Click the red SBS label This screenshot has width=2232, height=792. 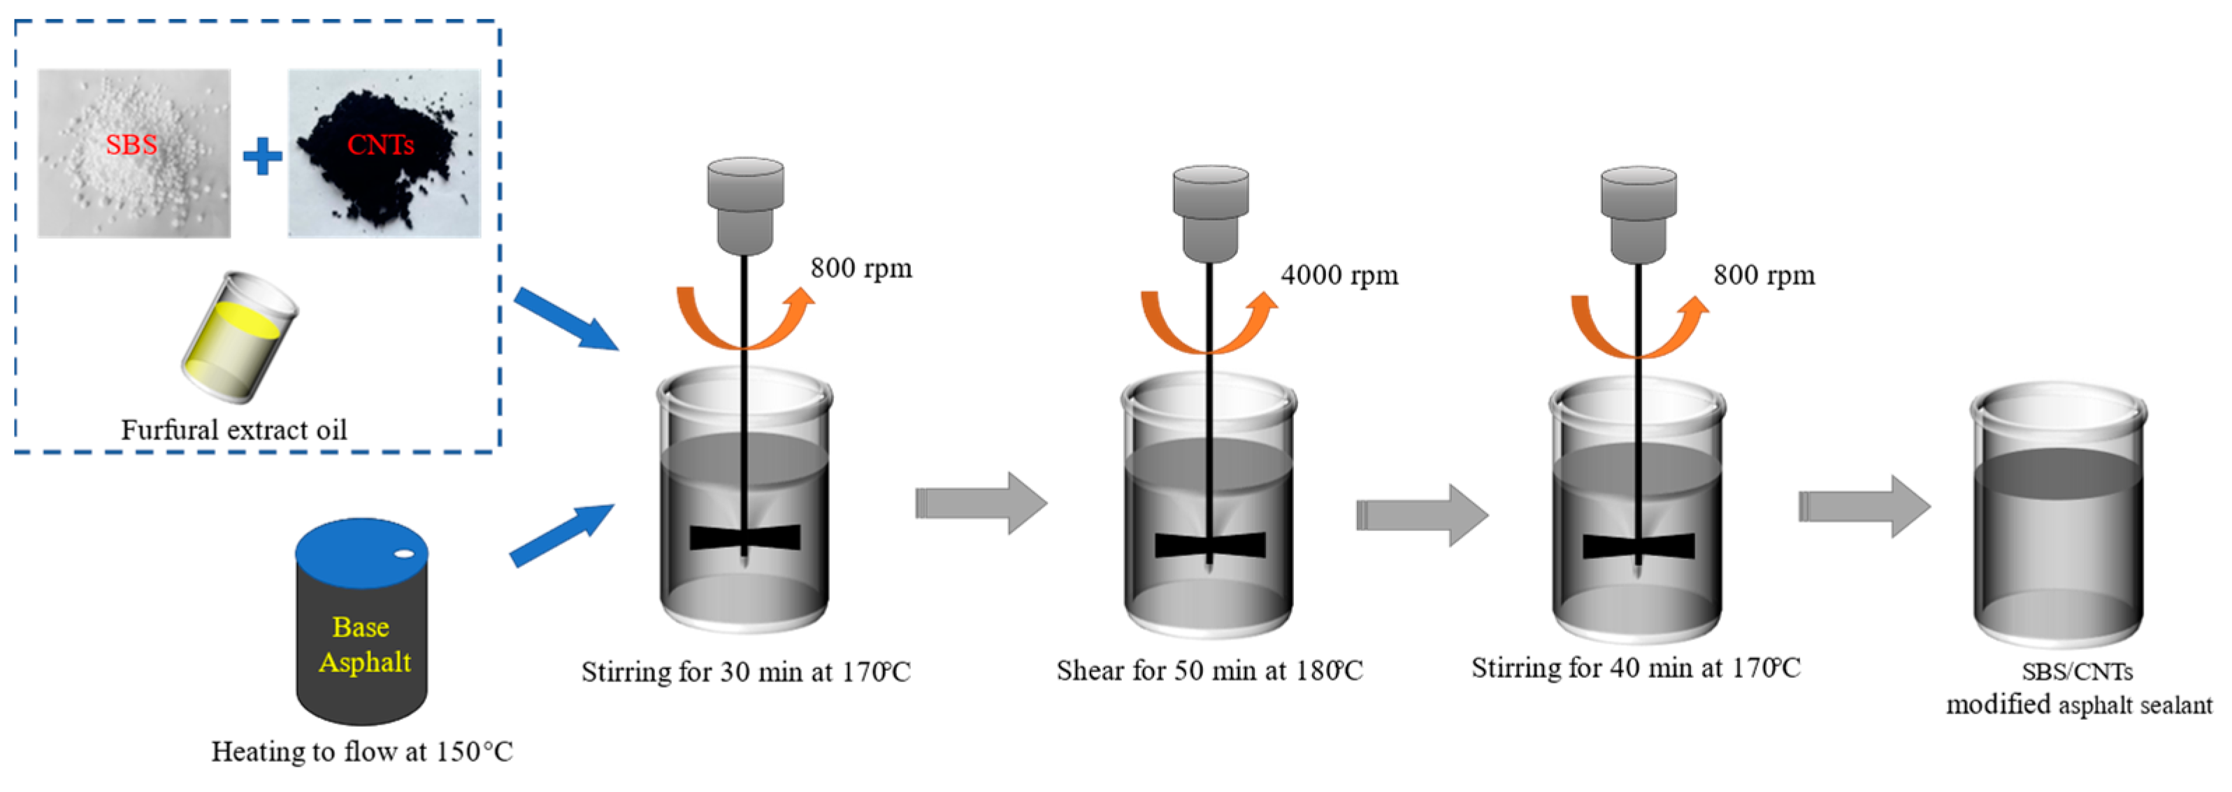[x=131, y=144]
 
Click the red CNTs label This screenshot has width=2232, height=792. [x=380, y=144]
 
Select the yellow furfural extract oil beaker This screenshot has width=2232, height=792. [x=238, y=338]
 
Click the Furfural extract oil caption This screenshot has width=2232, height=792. [x=234, y=430]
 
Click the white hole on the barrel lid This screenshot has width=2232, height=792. [x=404, y=554]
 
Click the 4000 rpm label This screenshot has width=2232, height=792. [x=1339, y=275]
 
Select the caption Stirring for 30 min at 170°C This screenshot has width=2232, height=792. [x=746, y=672]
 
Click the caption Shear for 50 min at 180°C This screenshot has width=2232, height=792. [x=1209, y=670]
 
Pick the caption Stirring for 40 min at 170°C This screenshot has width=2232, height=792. [x=1636, y=667]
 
